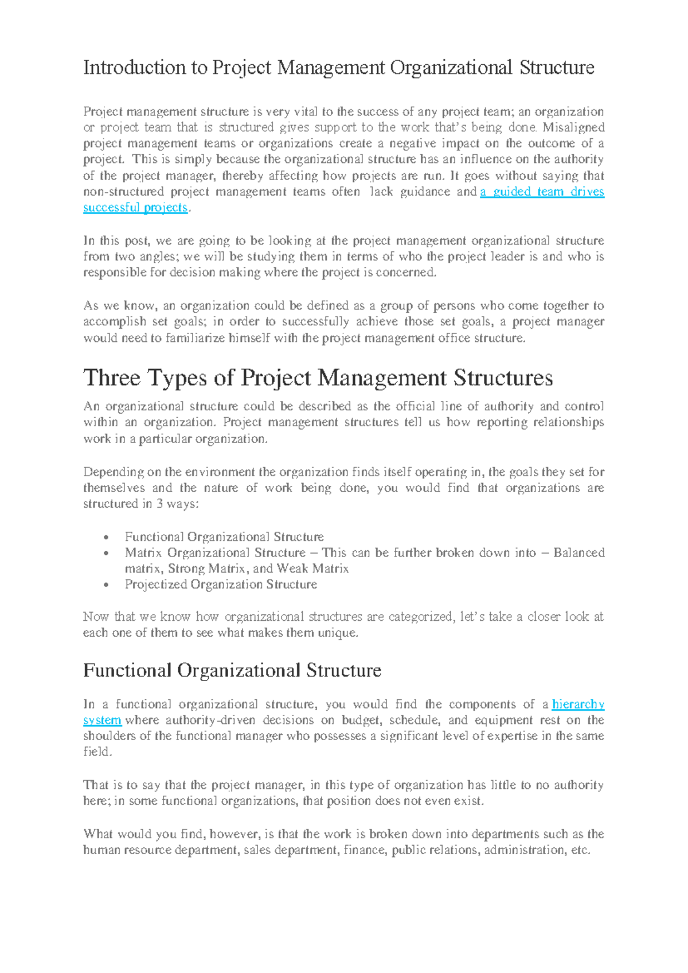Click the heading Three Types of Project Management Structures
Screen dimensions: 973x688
318,378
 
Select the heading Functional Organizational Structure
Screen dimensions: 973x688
232,670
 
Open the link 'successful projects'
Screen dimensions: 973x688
135,208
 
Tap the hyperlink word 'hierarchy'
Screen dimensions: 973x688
578,704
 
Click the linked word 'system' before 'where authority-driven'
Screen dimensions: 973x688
102,720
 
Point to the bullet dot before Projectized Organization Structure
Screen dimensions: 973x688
106,585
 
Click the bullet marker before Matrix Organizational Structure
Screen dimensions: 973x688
106,554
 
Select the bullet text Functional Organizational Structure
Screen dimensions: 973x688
224,537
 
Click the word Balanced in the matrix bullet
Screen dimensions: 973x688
578,552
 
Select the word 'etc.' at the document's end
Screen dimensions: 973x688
581,850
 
